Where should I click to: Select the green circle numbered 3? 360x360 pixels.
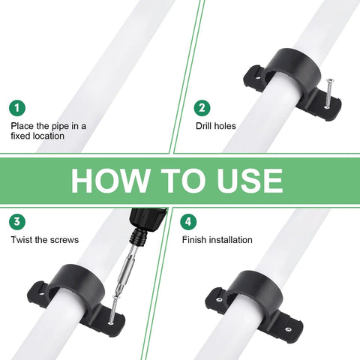click(18, 222)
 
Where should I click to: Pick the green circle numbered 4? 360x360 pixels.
click(189, 222)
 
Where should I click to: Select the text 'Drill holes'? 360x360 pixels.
click(215, 126)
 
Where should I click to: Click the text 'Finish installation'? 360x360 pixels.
click(217, 240)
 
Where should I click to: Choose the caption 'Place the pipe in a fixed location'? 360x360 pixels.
click(48, 131)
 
